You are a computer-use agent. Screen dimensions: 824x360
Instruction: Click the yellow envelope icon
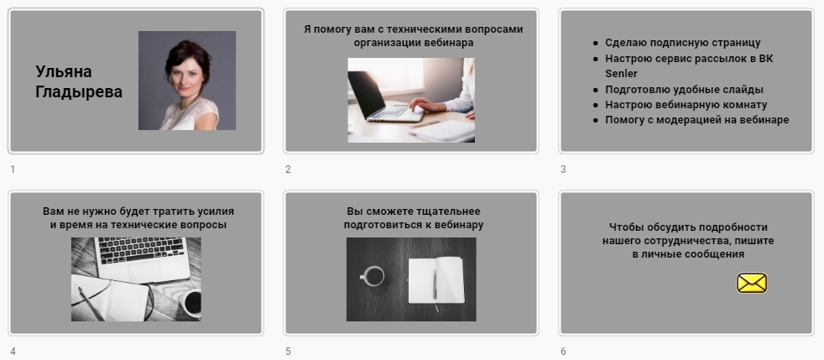click(752, 283)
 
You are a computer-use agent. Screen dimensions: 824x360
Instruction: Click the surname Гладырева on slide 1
click(79, 92)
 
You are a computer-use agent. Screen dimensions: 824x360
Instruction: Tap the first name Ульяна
click(64, 71)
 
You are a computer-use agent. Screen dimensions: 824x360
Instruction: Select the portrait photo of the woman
click(187, 81)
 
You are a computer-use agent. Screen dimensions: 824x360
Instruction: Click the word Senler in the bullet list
click(621, 74)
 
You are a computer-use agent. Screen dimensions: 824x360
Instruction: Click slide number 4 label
click(13, 352)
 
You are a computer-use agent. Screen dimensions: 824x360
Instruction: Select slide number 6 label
click(563, 352)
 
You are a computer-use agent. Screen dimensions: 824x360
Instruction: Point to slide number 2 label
click(288, 170)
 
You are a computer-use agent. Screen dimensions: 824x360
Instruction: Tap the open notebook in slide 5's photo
click(435, 280)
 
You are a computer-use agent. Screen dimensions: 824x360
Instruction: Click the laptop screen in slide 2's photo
click(367, 93)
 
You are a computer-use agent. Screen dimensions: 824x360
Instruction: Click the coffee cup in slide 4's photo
click(191, 303)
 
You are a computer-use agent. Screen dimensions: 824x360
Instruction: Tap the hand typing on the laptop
click(428, 104)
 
